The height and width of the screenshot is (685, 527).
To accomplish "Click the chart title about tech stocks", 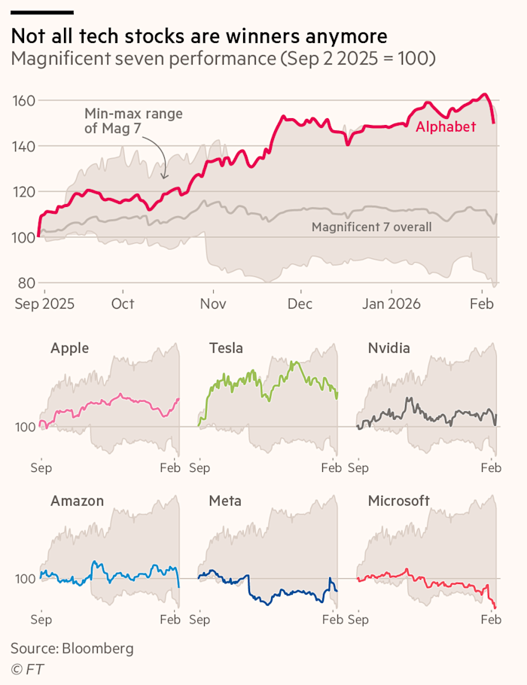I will [x=200, y=36].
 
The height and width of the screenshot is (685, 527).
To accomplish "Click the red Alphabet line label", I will [x=446, y=127].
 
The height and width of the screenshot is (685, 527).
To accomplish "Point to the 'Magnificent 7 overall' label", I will [x=371, y=227].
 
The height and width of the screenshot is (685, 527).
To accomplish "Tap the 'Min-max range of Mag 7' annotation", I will [x=133, y=121].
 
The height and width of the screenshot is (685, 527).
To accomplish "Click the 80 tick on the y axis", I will [x=27, y=283].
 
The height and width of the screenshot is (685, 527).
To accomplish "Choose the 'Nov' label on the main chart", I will [x=213, y=303].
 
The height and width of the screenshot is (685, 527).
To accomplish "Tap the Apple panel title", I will [x=69, y=348].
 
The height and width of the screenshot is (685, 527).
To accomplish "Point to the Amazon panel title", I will [x=77, y=501].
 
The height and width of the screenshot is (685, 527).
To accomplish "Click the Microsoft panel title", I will [x=398, y=501].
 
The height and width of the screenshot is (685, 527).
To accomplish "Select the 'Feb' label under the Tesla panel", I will [x=331, y=467].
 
